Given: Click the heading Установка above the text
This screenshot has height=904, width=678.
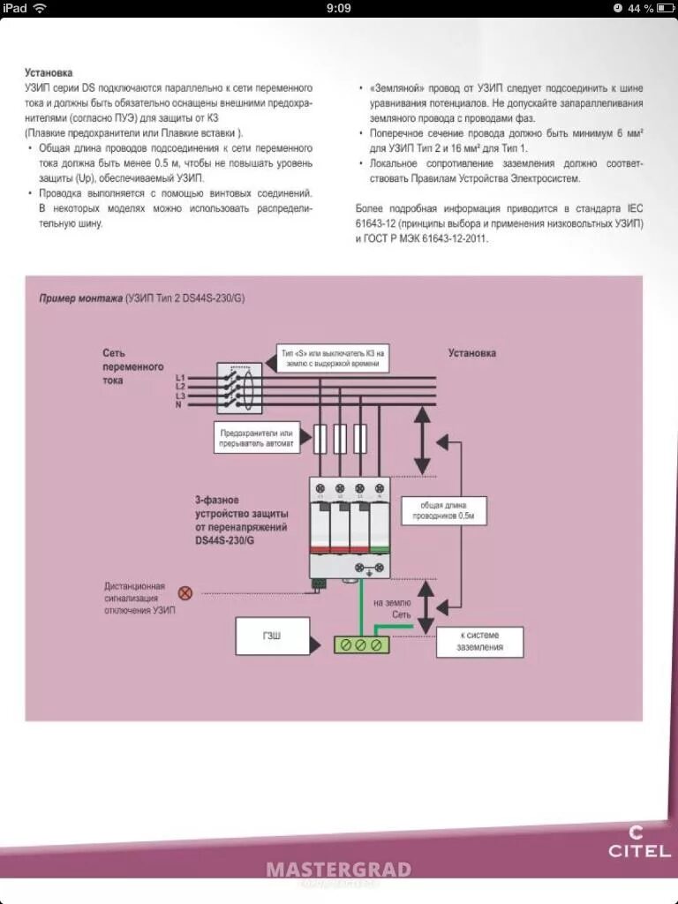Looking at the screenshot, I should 49,72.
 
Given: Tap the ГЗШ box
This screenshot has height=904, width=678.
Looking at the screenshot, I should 273,636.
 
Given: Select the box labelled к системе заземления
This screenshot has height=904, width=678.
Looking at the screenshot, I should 479,641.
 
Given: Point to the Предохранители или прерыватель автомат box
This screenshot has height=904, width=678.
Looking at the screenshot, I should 258,438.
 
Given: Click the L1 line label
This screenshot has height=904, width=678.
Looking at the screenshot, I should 180,378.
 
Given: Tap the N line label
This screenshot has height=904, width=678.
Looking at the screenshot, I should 179,404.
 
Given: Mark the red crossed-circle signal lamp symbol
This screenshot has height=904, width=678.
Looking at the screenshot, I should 185,593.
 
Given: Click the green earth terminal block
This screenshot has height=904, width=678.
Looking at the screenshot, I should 362,645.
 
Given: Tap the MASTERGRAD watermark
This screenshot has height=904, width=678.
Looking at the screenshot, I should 339,870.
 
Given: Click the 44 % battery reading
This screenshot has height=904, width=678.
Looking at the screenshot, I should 641,8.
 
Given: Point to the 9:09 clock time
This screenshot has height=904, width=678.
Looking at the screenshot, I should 339,8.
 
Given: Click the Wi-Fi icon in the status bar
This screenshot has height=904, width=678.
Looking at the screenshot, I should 41,8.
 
